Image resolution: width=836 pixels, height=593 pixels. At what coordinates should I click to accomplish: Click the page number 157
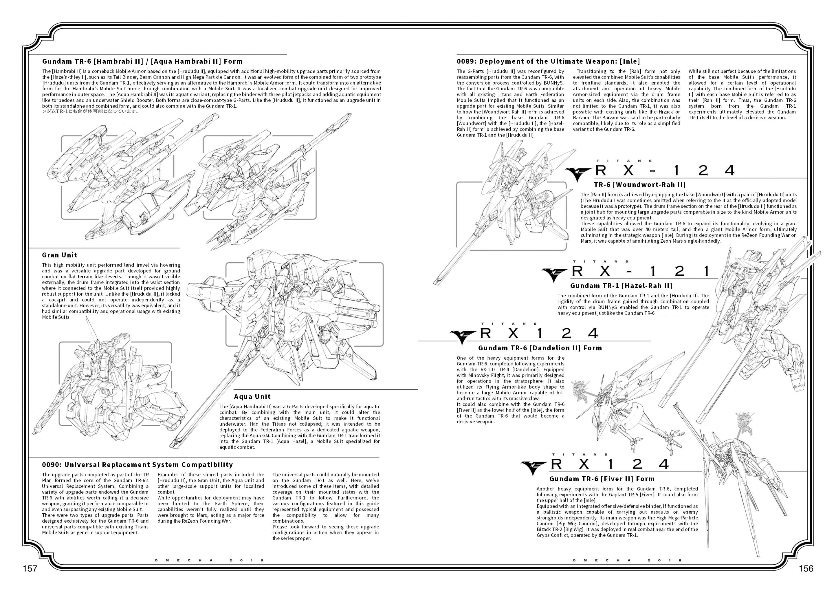point(30,569)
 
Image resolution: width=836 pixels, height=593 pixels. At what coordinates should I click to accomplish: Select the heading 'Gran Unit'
point(60,255)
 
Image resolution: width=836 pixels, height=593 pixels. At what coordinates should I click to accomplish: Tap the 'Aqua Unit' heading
point(252,397)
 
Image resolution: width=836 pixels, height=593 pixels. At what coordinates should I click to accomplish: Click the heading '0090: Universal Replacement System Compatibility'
point(137,464)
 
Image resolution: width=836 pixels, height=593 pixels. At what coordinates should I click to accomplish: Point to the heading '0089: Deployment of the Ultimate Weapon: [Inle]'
point(548,61)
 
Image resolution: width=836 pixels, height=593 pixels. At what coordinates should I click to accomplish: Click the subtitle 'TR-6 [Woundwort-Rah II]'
point(640,184)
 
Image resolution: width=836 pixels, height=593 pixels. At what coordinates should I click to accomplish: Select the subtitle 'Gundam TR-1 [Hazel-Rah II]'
point(621,285)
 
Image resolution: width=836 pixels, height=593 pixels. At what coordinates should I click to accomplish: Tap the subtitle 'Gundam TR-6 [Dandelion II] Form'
point(540,348)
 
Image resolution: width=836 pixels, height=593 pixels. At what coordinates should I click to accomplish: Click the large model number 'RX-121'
point(641,271)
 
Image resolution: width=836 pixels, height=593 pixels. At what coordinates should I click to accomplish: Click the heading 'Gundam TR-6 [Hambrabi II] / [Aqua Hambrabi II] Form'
point(142,61)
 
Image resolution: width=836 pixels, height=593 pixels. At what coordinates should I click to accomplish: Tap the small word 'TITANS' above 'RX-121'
point(601,261)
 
